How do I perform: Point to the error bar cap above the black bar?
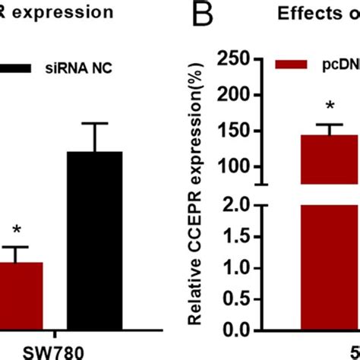click(x=94, y=123)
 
